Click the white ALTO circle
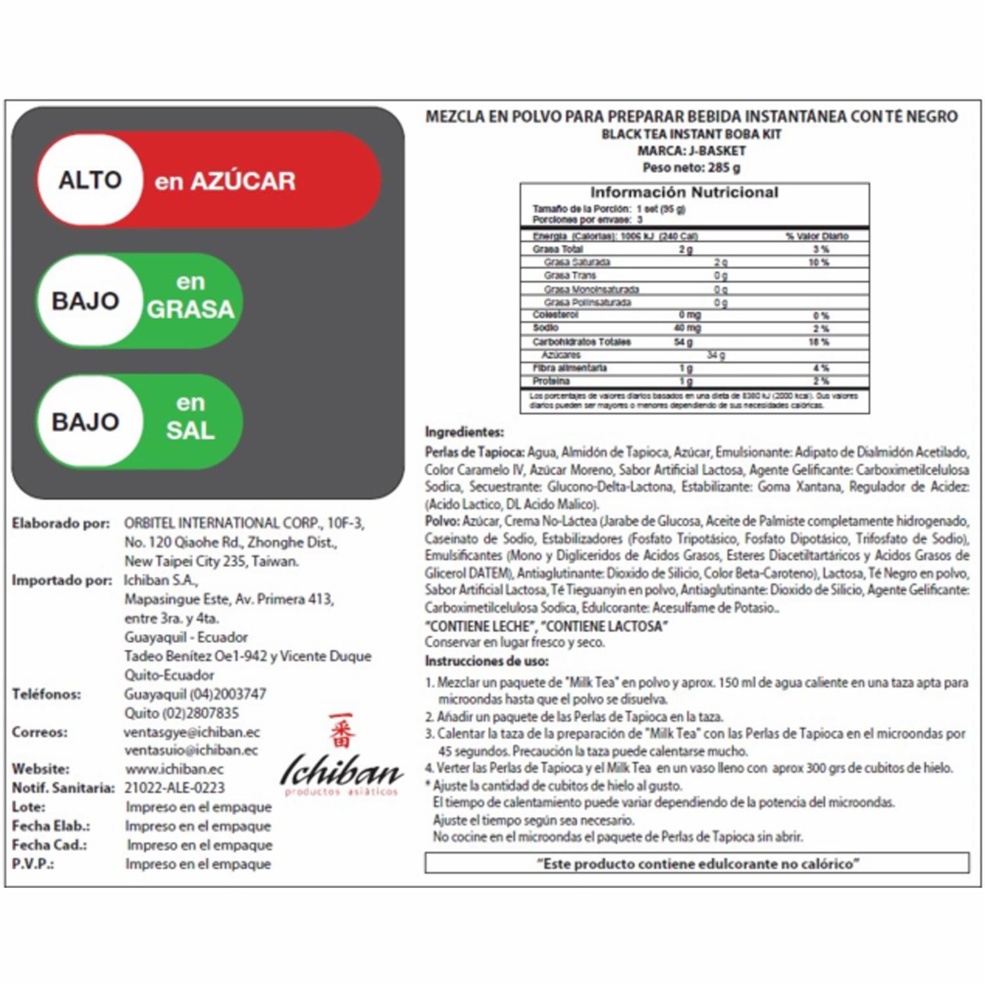tap(90, 180)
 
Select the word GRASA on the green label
tap(190, 309)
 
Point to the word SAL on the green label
tap(190, 431)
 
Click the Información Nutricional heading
tap(684, 192)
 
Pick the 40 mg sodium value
tap(688, 328)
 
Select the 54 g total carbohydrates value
tap(684, 341)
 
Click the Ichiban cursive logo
tap(341, 772)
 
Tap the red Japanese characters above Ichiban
tap(341, 730)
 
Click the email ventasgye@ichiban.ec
tap(192, 732)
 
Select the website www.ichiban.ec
tap(175, 769)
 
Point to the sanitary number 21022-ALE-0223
tap(175, 787)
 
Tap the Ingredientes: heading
tap(464, 432)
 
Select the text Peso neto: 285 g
tap(691, 167)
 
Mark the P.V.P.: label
tap(33, 864)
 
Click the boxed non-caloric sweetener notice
tap(697, 864)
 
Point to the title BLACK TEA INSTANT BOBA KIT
tap(691, 134)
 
